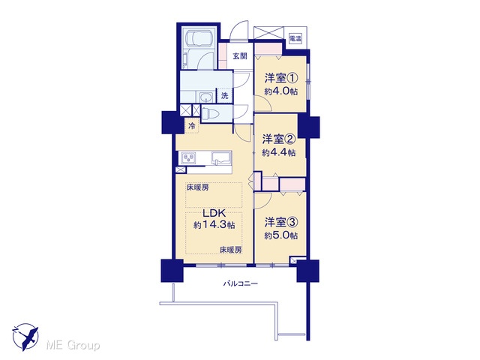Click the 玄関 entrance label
coord(240,56)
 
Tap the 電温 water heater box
coord(295,38)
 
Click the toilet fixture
coord(211,113)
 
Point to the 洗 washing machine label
coord(225,95)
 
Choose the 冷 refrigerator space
coord(192,125)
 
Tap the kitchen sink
coord(221,158)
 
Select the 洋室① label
coord(280,78)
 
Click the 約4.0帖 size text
coord(280,91)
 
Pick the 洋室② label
coord(278,139)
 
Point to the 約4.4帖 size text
coord(278,152)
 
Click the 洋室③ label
coord(280,223)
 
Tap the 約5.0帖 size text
coord(280,235)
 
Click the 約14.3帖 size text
coord(214,225)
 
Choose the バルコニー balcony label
coord(240,283)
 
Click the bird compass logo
coord(25,337)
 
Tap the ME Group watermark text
coord(73,346)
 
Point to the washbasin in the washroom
coord(205,97)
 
